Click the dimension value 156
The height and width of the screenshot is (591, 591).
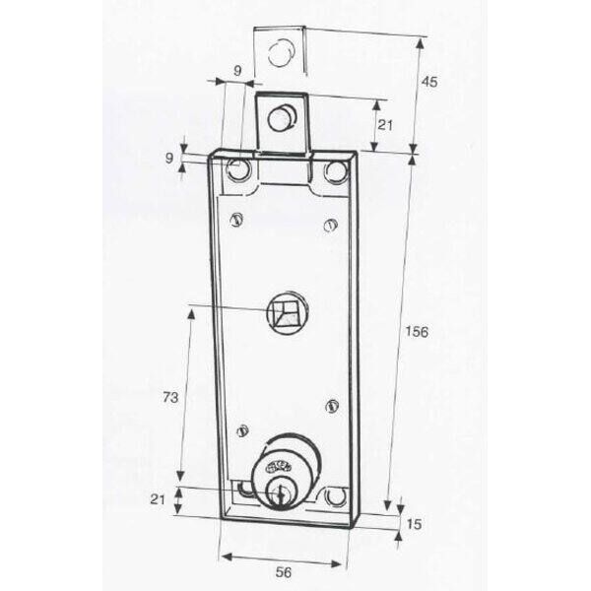[417, 332]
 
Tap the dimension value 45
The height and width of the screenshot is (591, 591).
[429, 82]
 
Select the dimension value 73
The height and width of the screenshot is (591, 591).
[170, 397]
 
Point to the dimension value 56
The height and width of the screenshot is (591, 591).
[284, 572]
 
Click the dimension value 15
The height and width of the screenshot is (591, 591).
[415, 524]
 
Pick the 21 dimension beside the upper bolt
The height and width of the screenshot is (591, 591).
[385, 125]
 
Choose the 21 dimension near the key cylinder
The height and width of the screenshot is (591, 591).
[158, 499]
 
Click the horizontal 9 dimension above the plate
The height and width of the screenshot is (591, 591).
[237, 71]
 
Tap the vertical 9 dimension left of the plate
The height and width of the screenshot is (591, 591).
[169, 158]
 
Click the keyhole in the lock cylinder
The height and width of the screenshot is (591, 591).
[280, 494]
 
